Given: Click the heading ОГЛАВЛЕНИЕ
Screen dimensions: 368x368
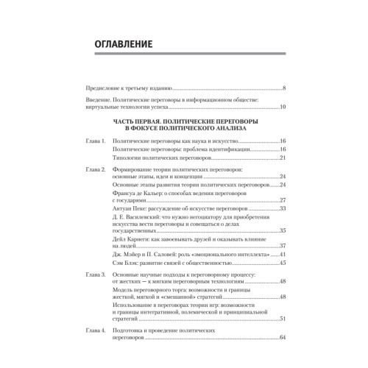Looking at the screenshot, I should pos(123,46).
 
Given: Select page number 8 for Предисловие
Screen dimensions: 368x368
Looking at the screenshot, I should pos(284,88).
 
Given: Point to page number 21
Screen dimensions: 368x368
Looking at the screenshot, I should pos(283,158).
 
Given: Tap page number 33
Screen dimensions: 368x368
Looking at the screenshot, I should pos(283,210).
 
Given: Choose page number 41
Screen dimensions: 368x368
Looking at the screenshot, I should pos(283,254).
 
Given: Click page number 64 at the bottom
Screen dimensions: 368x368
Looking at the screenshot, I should pos(283,338).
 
